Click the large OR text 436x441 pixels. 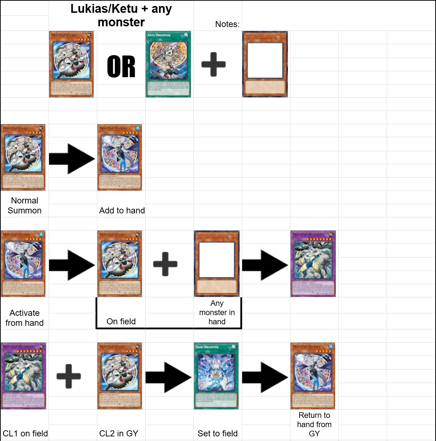pyautogui.click(x=121, y=67)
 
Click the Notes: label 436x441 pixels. pyautogui.click(x=227, y=24)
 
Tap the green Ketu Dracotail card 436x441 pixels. pyautogui.click(x=168, y=64)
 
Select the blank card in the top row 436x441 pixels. pyautogui.click(x=265, y=64)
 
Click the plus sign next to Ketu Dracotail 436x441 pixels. pyautogui.click(x=213, y=64)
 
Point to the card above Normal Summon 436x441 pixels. pyautogui.click(x=23, y=157)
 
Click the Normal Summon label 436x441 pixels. pyautogui.click(x=24, y=206)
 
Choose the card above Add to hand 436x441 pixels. pyautogui.click(x=120, y=157)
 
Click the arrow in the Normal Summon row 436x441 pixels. pyautogui.click(x=72, y=159)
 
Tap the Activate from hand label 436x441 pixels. pyautogui.click(x=24, y=318)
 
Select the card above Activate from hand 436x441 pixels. pyautogui.click(x=23, y=264)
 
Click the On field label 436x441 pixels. pyautogui.click(x=121, y=322)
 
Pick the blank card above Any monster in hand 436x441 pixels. pyautogui.click(x=217, y=264)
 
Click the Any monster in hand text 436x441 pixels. pyautogui.click(x=217, y=312)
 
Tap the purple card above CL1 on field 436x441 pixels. pyautogui.click(x=23, y=376)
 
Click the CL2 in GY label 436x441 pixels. pyautogui.click(x=119, y=434)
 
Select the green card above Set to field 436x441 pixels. pyautogui.click(x=216, y=376)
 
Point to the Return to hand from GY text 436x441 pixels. pyautogui.click(x=314, y=424)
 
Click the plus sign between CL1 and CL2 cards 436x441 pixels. pyautogui.click(x=69, y=376)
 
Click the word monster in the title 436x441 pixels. pyautogui.click(x=121, y=22)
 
